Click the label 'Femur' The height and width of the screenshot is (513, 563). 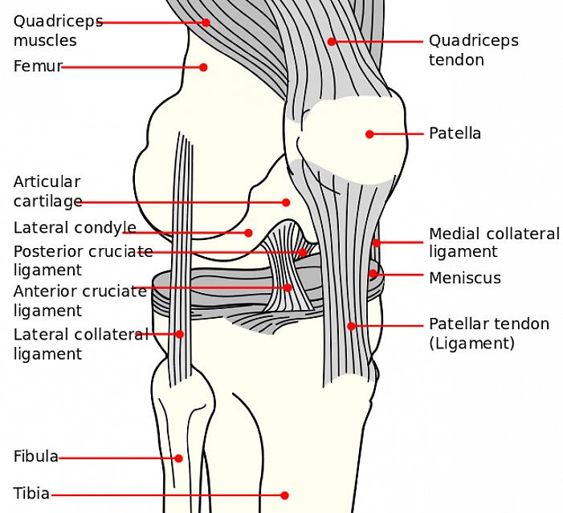[37, 67]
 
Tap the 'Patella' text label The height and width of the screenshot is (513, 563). [455, 133]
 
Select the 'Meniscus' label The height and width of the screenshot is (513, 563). [464, 278]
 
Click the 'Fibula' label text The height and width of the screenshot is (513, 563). [35, 457]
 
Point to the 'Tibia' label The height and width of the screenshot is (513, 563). [31, 493]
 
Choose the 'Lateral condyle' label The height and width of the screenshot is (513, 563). [75, 228]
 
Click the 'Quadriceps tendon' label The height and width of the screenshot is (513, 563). [473, 50]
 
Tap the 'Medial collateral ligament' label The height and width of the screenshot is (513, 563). [494, 242]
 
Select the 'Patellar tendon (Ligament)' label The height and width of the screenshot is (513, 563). [488, 333]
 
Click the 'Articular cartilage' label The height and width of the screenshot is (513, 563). [47, 192]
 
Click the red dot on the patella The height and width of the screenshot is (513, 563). [369, 134]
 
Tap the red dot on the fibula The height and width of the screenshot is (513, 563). [178, 459]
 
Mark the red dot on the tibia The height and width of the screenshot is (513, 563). [285, 495]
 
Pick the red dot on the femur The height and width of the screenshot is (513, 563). [204, 67]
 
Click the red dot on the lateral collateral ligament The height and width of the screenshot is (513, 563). [179, 334]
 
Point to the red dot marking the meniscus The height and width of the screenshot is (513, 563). [373, 274]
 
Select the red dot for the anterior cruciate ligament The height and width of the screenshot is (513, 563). [288, 287]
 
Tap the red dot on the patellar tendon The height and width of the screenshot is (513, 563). [351, 326]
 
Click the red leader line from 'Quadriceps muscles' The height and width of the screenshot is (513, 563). [153, 22]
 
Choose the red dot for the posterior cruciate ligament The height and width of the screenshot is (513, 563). [302, 252]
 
